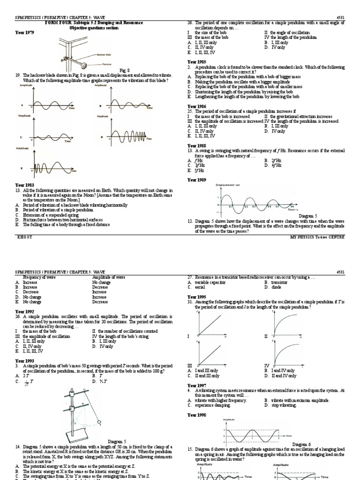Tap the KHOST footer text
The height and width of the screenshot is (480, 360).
tap(23, 237)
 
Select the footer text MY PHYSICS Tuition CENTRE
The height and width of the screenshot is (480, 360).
tap(317, 237)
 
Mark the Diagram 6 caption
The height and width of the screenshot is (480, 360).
tap(302, 443)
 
